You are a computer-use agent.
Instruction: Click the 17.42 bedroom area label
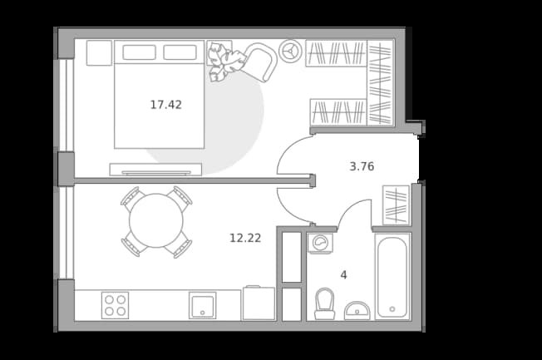click(166, 105)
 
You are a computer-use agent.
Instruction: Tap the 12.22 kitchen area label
click(245, 238)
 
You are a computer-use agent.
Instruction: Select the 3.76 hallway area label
click(362, 166)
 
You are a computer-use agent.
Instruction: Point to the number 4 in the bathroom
click(343, 275)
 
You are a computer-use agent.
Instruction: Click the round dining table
click(156, 220)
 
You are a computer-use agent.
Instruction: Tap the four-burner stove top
click(115, 305)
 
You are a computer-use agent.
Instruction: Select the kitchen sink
click(203, 305)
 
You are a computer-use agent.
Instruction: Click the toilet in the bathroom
click(324, 303)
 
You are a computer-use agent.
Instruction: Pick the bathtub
click(392, 277)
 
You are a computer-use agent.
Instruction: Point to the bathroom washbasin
click(357, 311)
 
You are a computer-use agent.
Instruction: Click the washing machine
click(320, 243)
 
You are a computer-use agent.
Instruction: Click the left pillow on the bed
click(139, 52)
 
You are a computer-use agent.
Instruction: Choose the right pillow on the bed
click(180, 52)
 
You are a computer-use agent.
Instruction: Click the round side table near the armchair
click(291, 52)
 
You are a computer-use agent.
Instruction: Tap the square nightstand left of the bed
click(99, 53)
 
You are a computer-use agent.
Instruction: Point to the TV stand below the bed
click(155, 169)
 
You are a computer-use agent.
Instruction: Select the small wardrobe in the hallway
click(397, 205)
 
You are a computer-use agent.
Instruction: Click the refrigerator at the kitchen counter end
click(259, 303)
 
